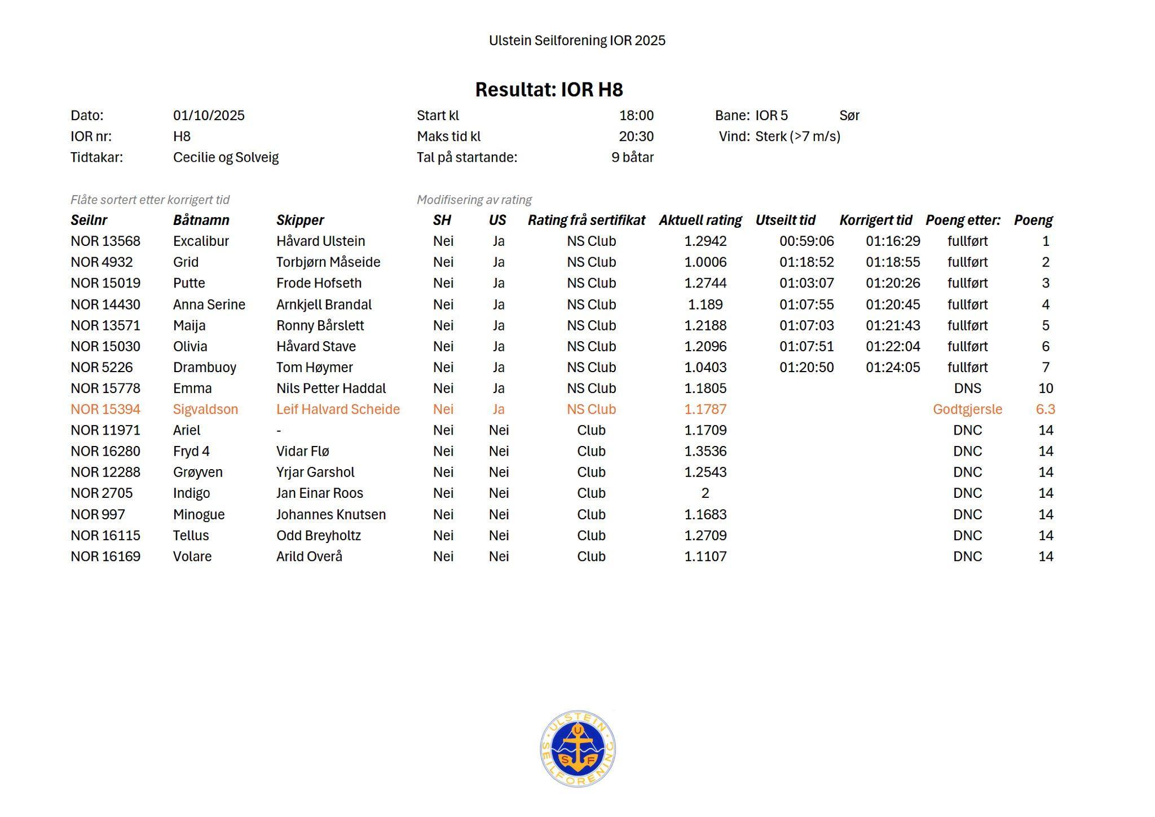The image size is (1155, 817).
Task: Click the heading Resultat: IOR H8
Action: click(549, 90)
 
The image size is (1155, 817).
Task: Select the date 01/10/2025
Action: click(209, 116)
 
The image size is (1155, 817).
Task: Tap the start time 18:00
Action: click(636, 116)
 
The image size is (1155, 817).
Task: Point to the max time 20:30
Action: click(636, 136)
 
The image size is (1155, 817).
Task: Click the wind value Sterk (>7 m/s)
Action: click(797, 136)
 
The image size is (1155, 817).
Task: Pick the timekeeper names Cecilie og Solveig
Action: click(226, 157)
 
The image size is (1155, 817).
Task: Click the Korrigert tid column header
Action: click(875, 220)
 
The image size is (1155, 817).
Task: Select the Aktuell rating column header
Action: click(700, 220)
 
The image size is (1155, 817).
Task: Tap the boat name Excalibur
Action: click(201, 241)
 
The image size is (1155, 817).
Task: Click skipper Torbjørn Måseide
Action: click(328, 262)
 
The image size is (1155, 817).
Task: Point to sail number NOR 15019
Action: click(105, 283)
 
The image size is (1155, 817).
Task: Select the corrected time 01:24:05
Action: click(893, 368)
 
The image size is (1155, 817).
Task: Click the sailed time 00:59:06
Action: click(806, 241)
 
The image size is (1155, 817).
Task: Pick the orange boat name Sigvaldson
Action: click(205, 409)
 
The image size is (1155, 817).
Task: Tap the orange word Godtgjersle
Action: click(967, 409)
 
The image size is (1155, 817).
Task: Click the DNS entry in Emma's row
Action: click(967, 388)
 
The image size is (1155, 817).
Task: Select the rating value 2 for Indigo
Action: click(705, 493)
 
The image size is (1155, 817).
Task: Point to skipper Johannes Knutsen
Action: click(331, 515)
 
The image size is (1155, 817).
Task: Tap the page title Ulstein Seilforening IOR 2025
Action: click(577, 41)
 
